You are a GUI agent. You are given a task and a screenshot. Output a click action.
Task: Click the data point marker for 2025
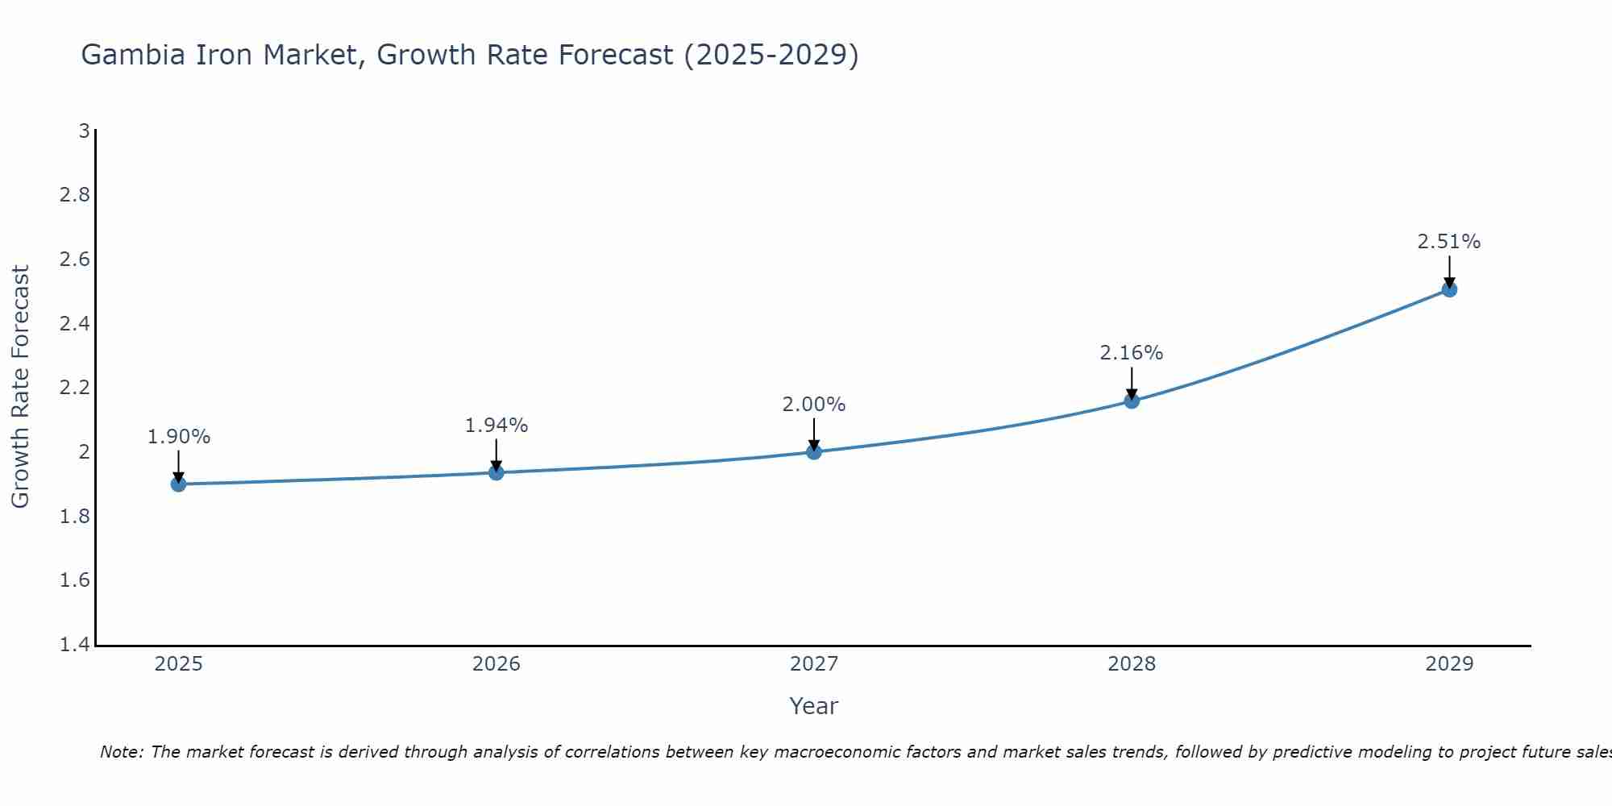pyautogui.click(x=179, y=484)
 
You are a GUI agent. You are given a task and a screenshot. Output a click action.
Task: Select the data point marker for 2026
pyautogui.click(x=496, y=472)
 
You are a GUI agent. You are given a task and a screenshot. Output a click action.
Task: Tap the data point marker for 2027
pyautogui.click(x=814, y=451)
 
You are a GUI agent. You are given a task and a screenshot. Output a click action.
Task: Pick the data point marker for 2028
pyautogui.click(x=1132, y=401)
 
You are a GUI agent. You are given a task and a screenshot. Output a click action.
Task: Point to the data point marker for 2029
pyautogui.click(x=1449, y=289)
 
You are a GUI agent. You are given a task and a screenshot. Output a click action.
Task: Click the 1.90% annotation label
pyautogui.click(x=179, y=437)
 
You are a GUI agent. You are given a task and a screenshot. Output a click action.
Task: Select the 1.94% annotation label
pyautogui.click(x=496, y=425)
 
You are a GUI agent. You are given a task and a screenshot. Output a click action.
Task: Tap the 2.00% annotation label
pyautogui.click(x=814, y=405)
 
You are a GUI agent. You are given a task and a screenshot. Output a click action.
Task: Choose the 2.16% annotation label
pyautogui.click(x=1132, y=353)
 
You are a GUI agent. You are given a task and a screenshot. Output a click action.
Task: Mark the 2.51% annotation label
pyautogui.click(x=1449, y=242)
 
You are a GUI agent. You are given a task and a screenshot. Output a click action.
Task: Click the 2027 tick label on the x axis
pyautogui.click(x=814, y=664)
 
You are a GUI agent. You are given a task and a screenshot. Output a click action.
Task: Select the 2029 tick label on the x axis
pyautogui.click(x=1449, y=664)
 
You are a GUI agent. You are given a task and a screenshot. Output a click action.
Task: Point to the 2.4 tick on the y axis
pyautogui.click(x=75, y=324)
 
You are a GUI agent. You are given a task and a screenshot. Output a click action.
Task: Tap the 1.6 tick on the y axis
pyautogui.click(x=75, y=580)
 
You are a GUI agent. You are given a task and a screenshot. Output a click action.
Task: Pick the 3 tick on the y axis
pyautogui.click(x=84, y=131)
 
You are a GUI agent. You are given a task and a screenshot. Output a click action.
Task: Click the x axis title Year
pyautogui.click(x=814, y=706)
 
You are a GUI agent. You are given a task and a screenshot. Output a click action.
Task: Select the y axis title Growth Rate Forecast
pyautogui.click(x=20, y=387)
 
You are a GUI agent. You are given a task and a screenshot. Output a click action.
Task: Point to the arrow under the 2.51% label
pyautogui.click(x=1449, y=272)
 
